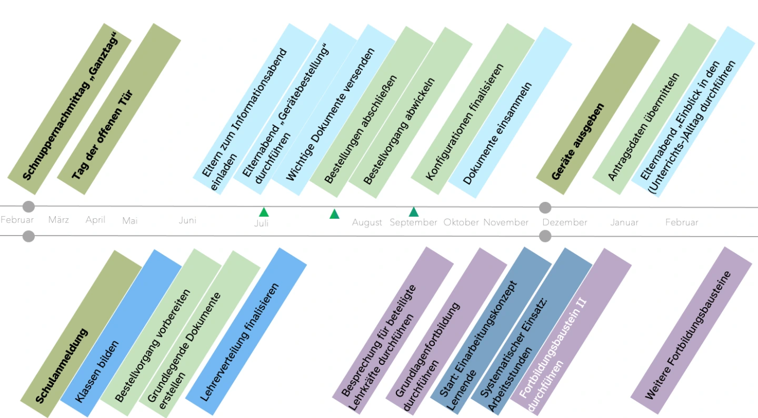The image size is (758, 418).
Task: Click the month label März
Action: point(58,220)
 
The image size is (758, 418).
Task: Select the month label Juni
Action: point(187,220)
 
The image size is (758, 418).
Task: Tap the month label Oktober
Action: point(461,222)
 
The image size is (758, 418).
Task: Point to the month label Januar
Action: point(624,222)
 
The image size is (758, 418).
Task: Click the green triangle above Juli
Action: point(264,212)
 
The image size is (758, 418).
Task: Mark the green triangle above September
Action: point(414,212)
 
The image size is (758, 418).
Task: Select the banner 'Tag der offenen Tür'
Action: point(102,134)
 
